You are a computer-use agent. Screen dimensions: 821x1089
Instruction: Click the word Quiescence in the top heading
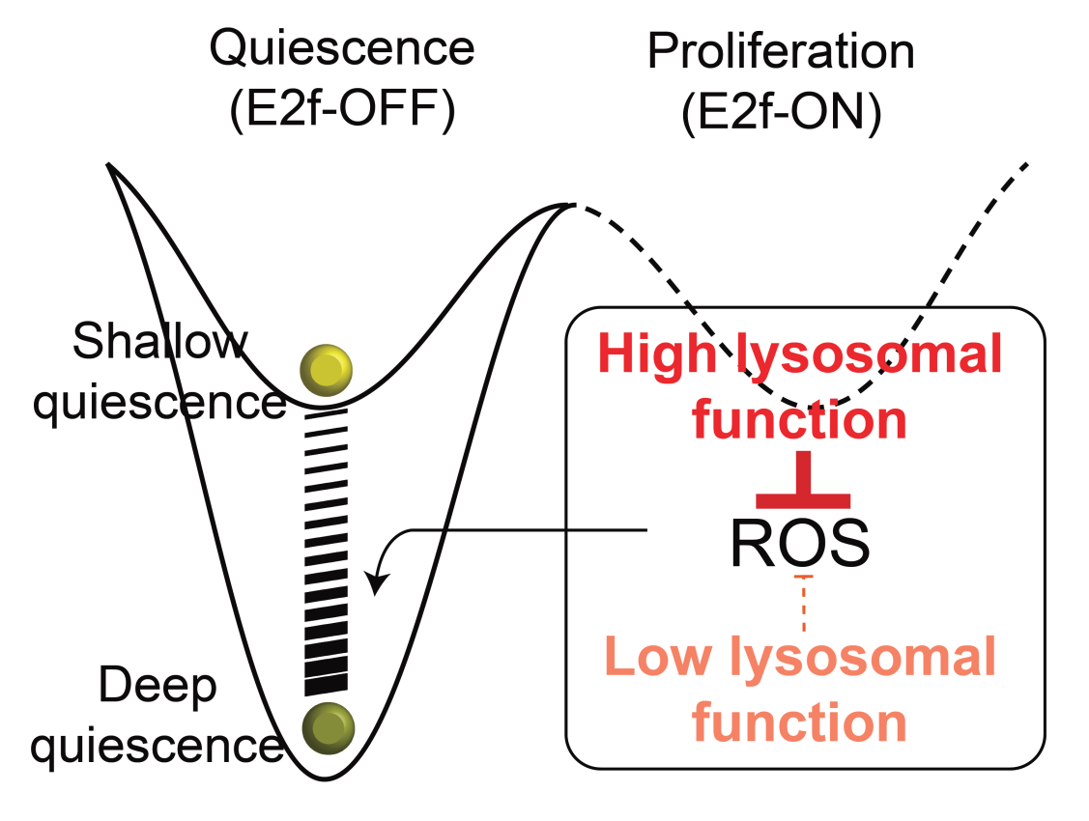[342, 49]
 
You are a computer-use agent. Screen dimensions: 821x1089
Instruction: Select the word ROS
[799, 545]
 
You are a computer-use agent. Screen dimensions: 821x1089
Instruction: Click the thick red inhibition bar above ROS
[802, 499]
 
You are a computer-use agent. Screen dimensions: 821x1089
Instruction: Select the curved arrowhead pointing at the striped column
[378, 583]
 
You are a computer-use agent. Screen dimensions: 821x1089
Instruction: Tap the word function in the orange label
[801, 722]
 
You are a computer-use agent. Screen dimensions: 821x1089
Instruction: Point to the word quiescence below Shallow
[159, 402]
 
